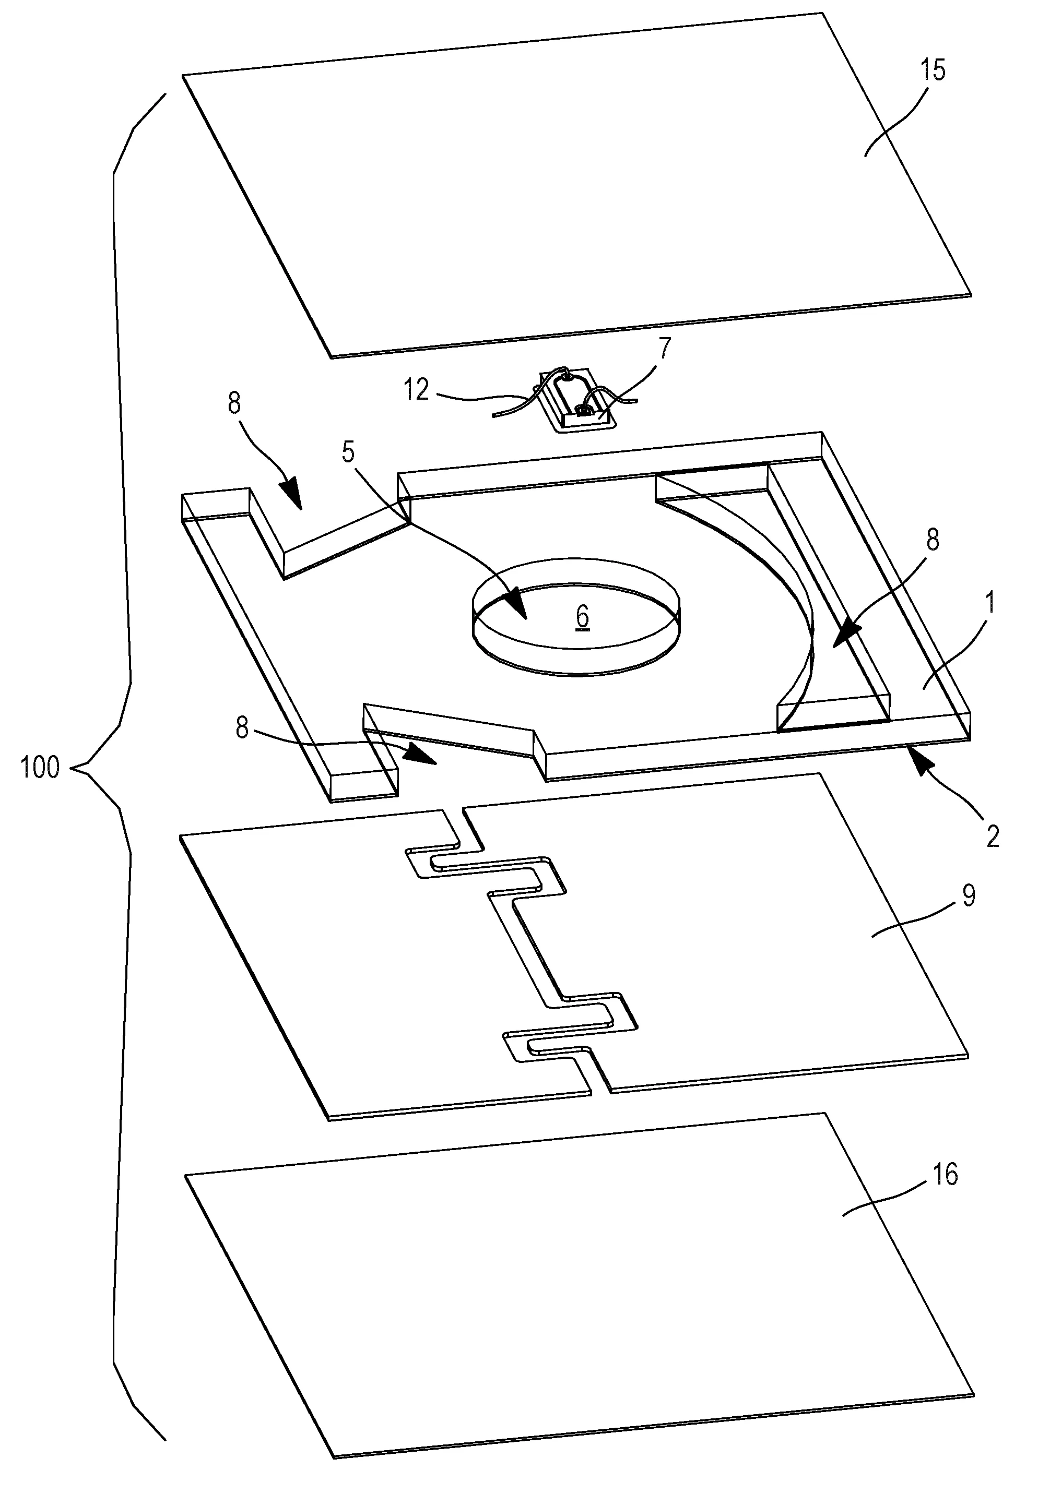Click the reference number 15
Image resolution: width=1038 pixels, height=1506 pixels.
click(933, 70)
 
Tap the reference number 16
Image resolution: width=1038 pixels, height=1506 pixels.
click(945, 1175)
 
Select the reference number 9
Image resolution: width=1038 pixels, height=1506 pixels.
click(969, 895)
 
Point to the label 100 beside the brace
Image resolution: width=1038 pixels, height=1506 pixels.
click(40, 768)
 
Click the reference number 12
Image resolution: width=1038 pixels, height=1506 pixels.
click(416, 389)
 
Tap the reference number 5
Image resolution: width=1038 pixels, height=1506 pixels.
click(349, 452)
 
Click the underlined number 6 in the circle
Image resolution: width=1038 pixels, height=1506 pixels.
click(582, 616)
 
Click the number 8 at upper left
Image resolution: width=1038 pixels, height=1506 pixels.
click(234, 404)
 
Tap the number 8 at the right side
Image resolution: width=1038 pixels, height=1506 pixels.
click(933, 540)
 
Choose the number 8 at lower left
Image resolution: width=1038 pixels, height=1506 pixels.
click(242, 728)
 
